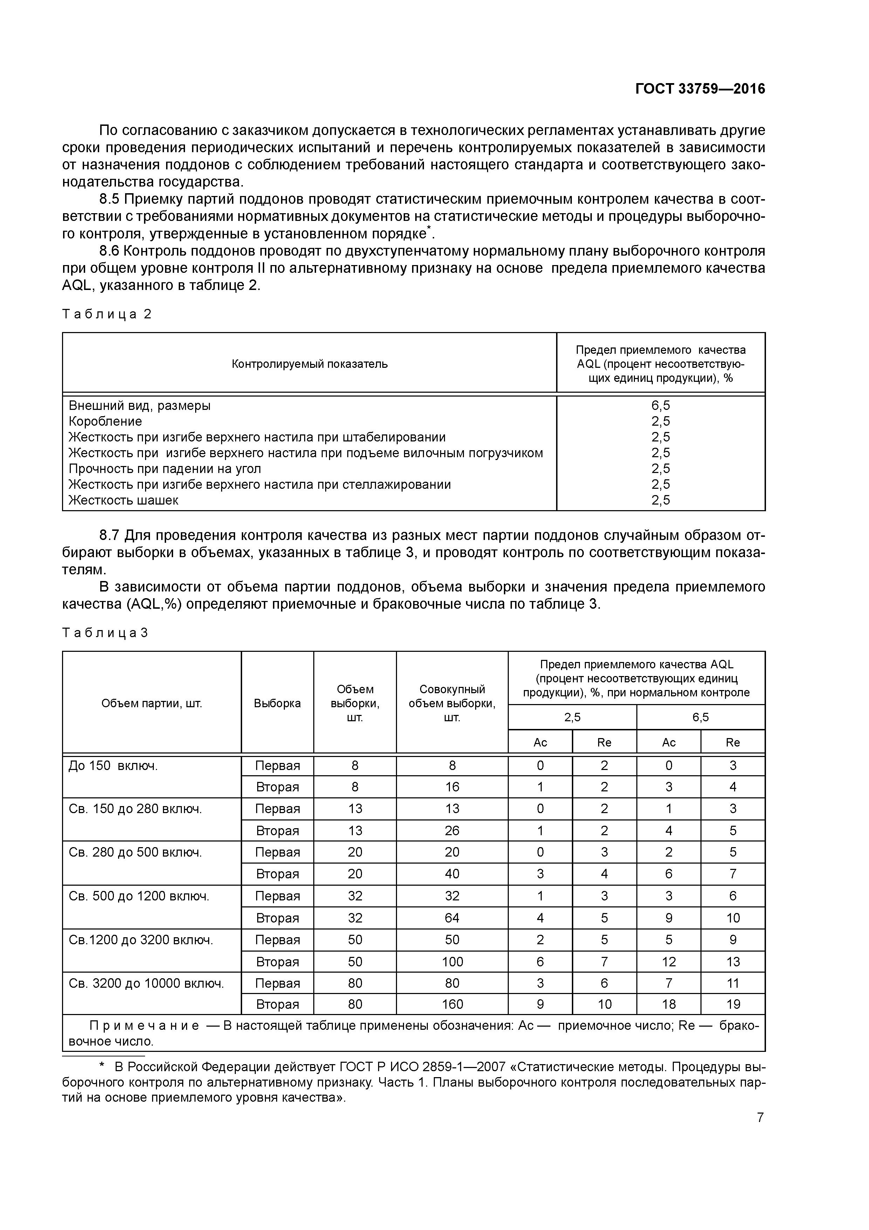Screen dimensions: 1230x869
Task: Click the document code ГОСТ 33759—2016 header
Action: point(700,89)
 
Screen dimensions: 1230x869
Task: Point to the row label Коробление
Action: point(105,421)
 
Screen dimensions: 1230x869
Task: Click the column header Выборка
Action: point(278,703)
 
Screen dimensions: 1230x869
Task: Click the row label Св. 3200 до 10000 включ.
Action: point(146,983)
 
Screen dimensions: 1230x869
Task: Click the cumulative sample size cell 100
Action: point(452,962)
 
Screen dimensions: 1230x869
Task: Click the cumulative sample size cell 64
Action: point(452,918)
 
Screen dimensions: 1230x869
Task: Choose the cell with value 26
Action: point(452,831)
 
